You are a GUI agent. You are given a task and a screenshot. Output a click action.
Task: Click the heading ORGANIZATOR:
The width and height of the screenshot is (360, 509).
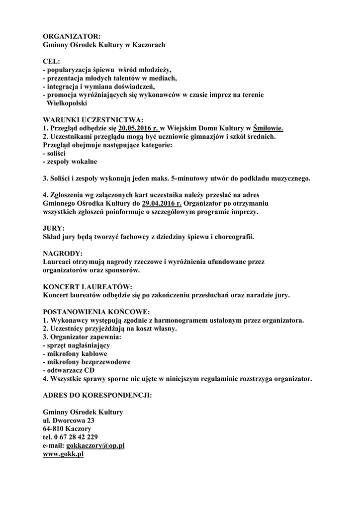point(72,36)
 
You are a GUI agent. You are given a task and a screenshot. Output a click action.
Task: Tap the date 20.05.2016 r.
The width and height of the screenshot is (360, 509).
point(138,128)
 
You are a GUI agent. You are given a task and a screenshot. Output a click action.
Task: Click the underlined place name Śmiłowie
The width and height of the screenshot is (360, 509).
point(268,128)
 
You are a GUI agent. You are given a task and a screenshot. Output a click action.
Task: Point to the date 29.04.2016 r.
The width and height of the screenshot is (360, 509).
point(162,203)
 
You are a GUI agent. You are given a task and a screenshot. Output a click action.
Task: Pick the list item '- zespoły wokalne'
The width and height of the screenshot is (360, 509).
point(70,162)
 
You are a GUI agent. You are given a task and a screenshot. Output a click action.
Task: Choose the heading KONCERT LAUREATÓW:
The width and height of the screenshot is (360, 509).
point(88,287)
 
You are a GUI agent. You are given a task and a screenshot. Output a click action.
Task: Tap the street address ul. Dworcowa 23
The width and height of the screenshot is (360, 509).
point(69,421)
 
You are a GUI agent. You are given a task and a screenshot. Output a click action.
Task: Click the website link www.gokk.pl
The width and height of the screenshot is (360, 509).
point(63,454)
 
